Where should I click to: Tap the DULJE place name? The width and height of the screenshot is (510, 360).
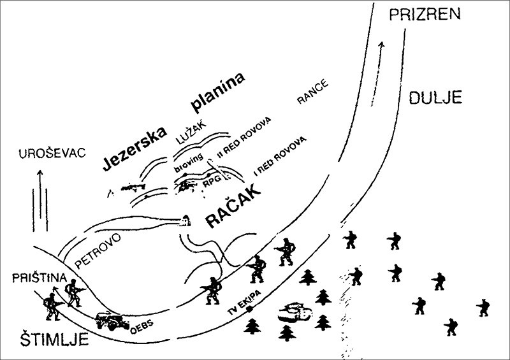pyautogui.click(x=433, y=97)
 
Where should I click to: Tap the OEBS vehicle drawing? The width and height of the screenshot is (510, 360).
pyautogui.click(x=112, y=320)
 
